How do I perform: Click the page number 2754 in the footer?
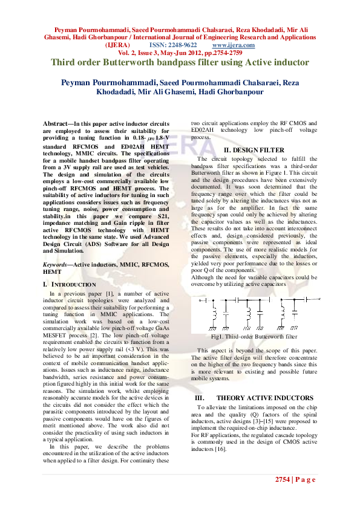point(283,479)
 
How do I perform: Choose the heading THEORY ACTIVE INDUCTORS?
point(265,398)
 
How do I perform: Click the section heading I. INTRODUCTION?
point(70,284)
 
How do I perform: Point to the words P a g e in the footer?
point(306,479)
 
